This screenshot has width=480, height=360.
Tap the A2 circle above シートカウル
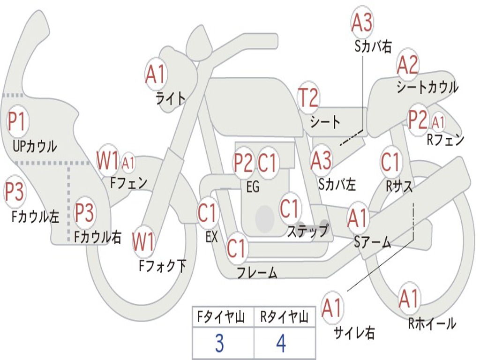407,65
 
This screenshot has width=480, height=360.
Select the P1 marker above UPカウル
18,122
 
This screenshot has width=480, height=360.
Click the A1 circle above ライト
156,74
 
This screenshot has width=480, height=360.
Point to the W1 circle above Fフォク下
143,242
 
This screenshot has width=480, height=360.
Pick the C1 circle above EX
207,213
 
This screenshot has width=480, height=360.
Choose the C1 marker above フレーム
237,248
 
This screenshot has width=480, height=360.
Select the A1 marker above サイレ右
332,307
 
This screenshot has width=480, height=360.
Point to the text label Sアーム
372,242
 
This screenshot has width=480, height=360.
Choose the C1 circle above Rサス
390,162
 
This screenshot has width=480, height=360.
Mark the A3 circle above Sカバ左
322,160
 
